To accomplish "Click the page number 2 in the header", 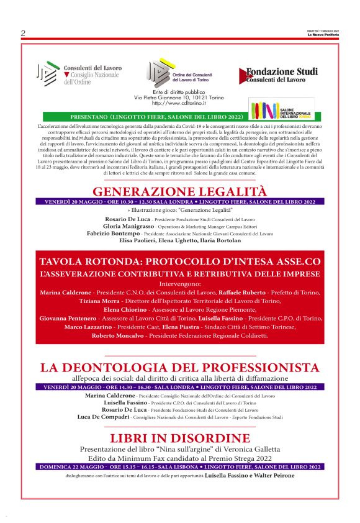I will click(23, 33).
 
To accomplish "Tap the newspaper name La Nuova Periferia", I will click(323, 35).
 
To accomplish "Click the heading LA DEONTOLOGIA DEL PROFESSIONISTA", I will click(180, 366).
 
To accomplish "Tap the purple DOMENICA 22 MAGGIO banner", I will click(180, 466).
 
